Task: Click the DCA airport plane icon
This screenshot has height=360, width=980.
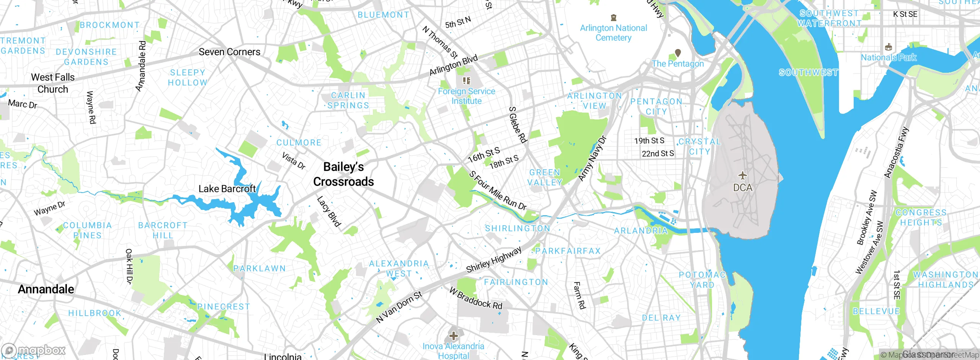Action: click(743, 176)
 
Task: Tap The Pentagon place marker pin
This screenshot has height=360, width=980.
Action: click(678, 53)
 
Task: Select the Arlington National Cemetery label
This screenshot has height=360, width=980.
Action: click(613, 33)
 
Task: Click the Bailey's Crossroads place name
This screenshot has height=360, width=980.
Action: click(343, 174)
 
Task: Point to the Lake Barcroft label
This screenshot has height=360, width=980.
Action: click(227, 189)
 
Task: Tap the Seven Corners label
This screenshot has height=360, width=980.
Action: click(229, 52)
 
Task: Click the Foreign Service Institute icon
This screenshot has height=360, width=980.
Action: click(466, 81)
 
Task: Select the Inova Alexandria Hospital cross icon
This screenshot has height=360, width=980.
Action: click(454, 336)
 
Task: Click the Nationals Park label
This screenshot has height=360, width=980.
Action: click(888, 58)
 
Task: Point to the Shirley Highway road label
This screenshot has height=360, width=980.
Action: click(494, 260)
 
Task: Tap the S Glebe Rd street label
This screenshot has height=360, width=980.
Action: click(518, 125)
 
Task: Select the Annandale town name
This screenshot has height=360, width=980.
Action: click(46, 289)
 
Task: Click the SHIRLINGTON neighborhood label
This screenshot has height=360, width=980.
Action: click(518, 229)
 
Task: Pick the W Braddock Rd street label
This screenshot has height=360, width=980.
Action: click(476, 299)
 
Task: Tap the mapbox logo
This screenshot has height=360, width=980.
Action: click(34, 350)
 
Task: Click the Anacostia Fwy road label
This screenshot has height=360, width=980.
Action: click(896, 152)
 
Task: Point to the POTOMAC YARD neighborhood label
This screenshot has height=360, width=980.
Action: click(702, 280)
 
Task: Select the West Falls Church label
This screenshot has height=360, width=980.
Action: click(53, 83)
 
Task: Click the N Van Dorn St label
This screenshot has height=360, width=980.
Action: click(399, 307)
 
